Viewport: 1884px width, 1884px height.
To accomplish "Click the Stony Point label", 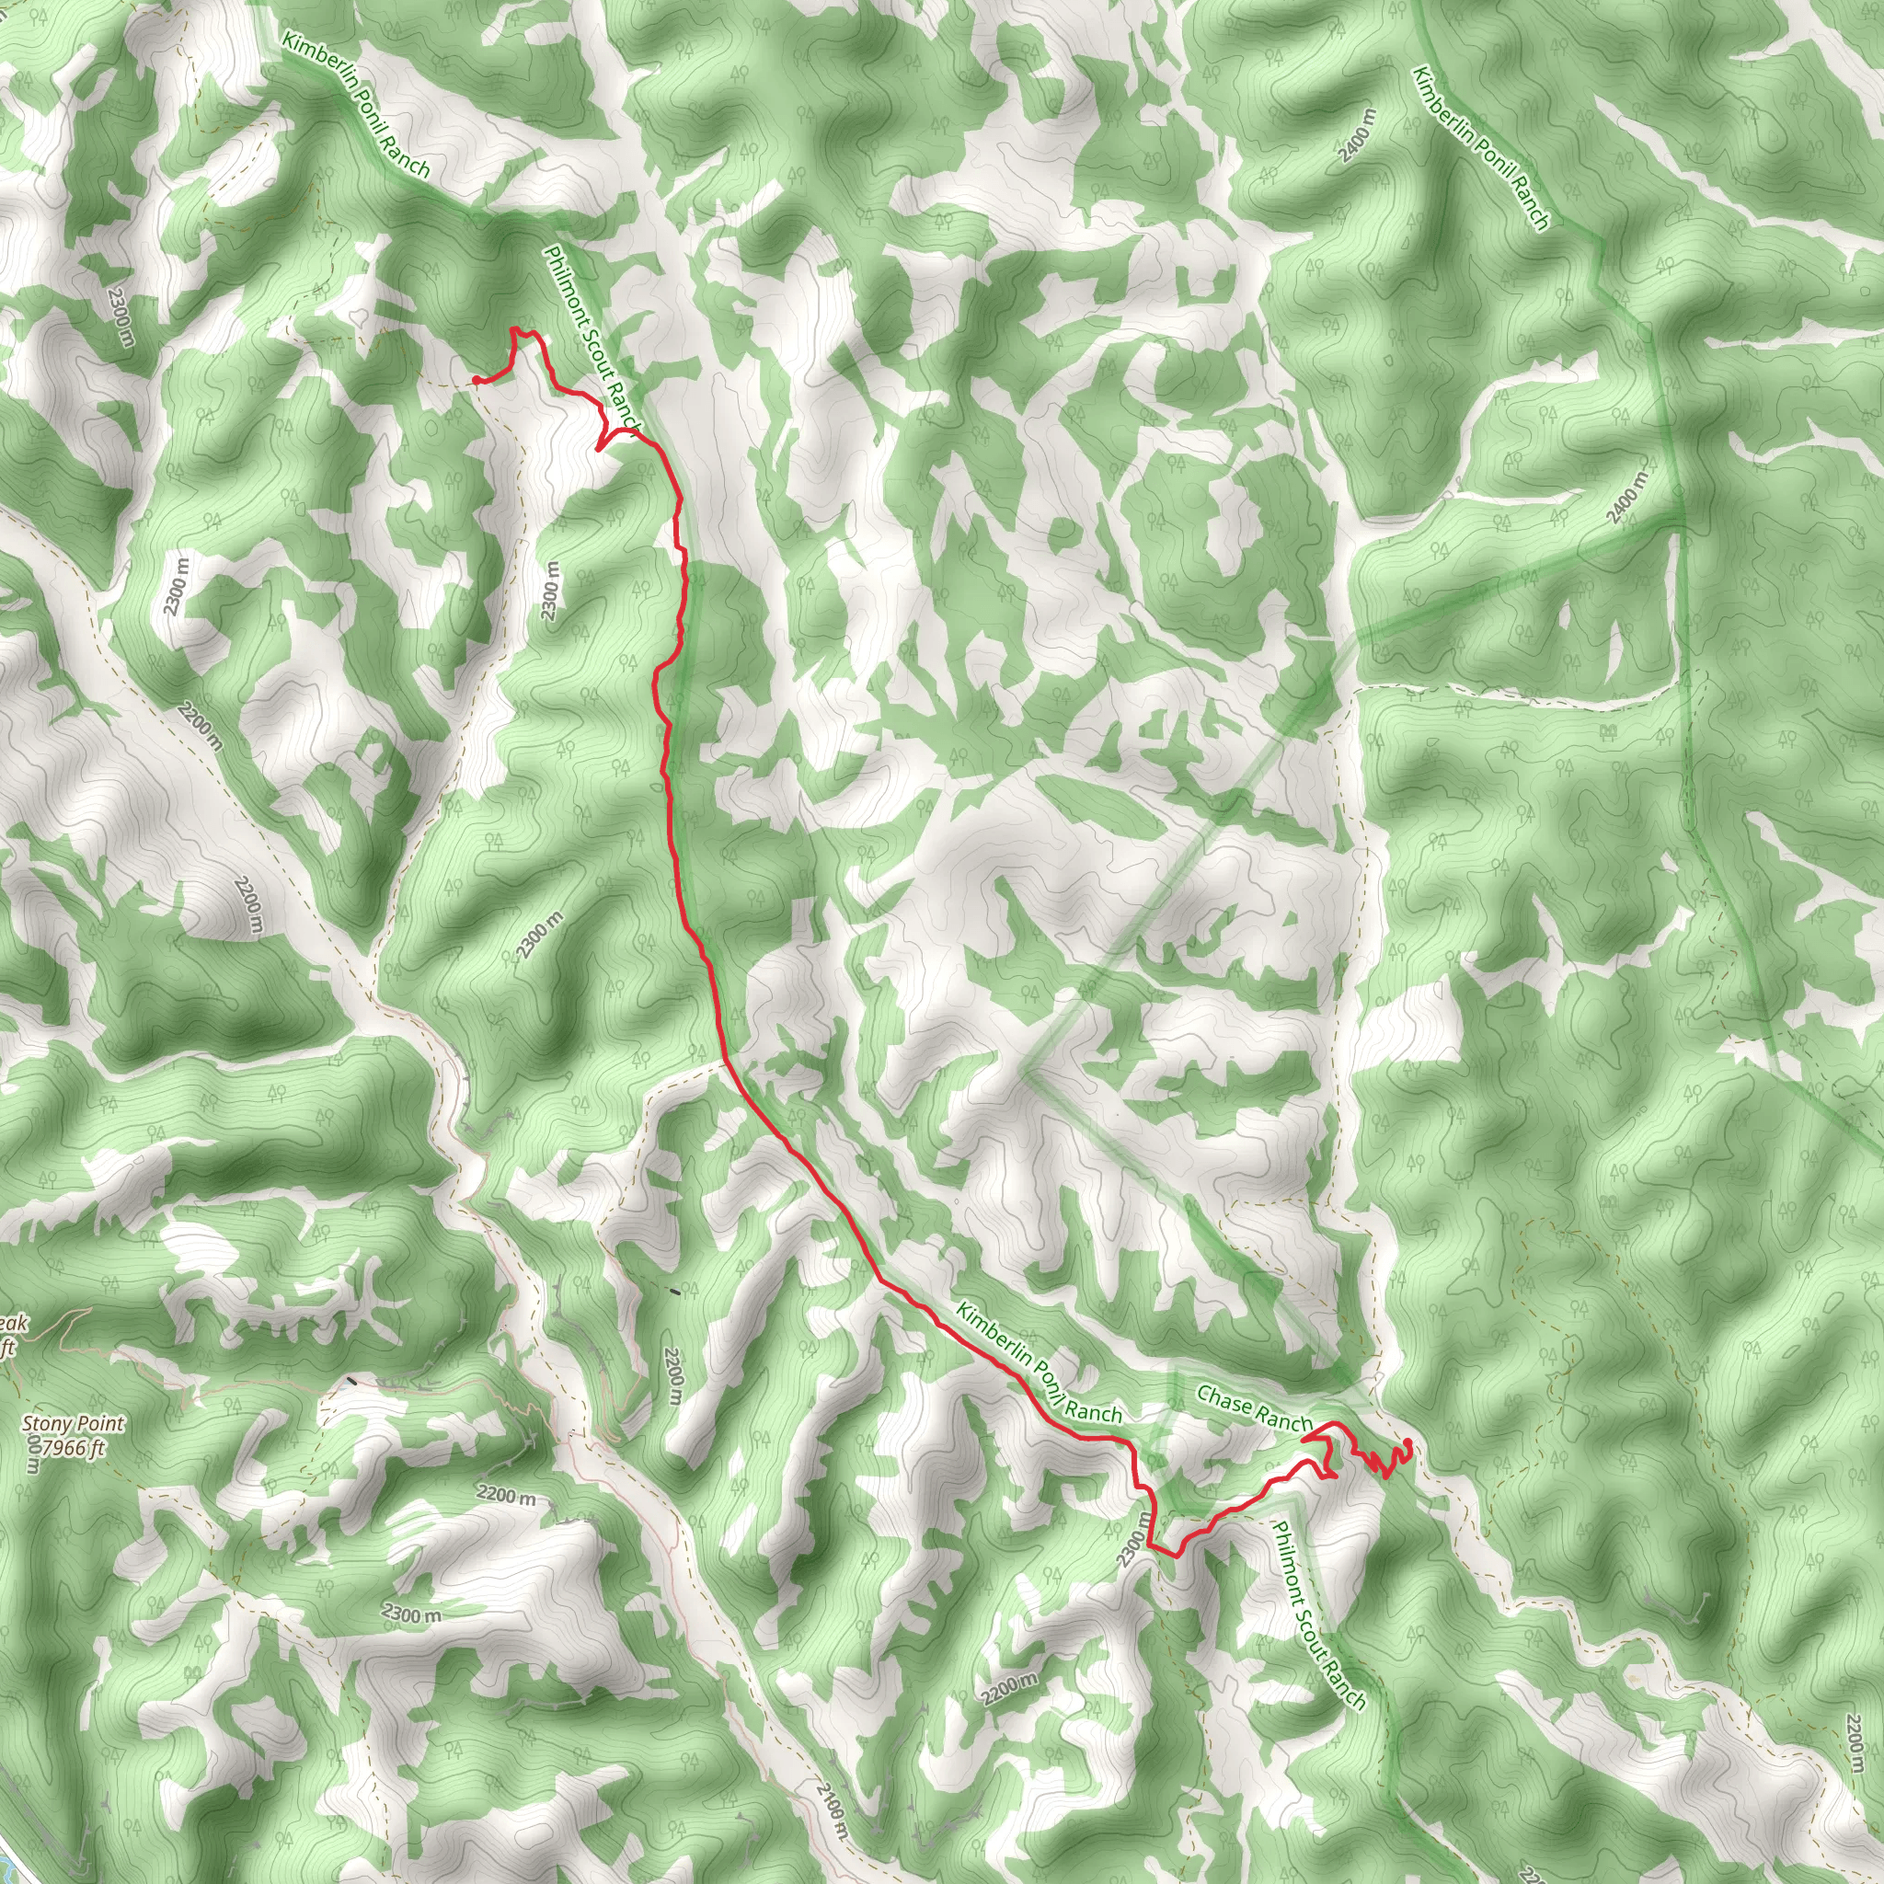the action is point(75,1424).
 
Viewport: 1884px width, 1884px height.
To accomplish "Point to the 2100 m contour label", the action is point(830,1809).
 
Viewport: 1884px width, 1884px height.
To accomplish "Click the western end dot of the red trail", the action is point(475,379).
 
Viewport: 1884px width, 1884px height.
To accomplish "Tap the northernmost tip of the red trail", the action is point(514,329).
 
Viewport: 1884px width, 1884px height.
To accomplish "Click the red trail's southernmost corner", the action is point(1175,1557).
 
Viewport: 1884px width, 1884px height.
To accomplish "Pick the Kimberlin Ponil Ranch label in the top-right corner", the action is point(1480,148).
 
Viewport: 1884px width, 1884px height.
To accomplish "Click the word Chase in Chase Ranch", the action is point(1224,1400).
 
